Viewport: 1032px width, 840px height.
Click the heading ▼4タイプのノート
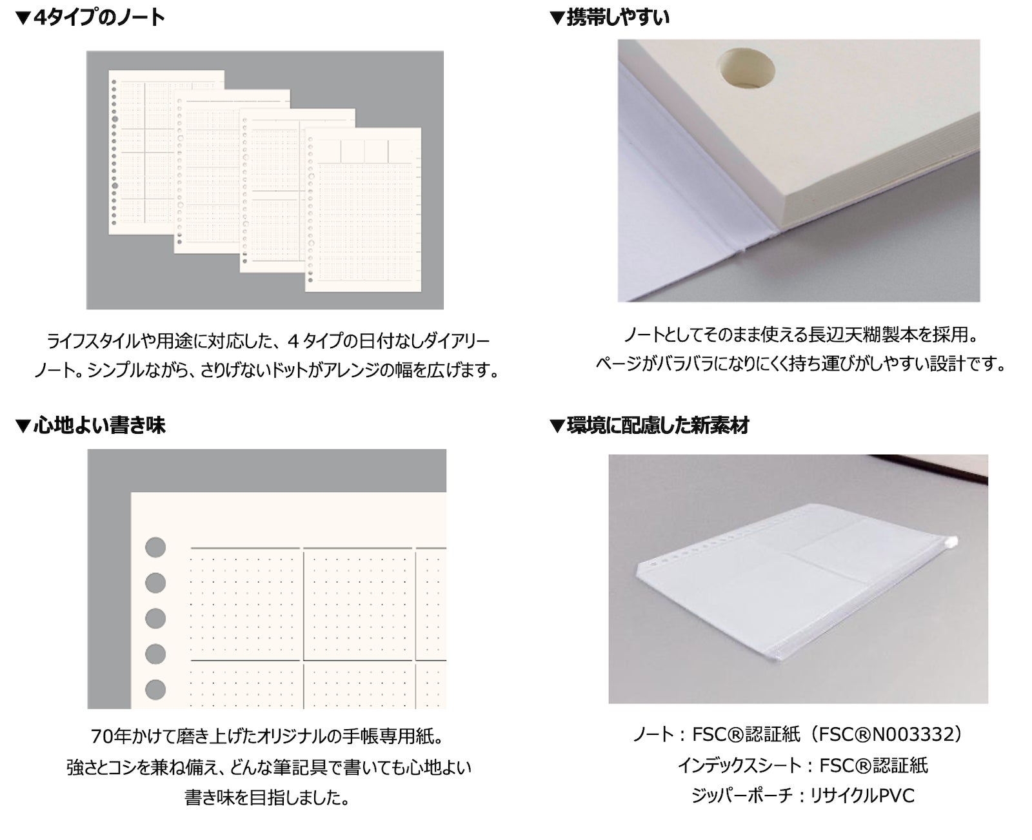pyautogui.click(x=90, y=18)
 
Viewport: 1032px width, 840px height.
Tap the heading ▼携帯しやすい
pyautogui.click(x=609, y=18)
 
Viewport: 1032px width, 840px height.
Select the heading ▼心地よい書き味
pyautogui.click(x=90, y=425)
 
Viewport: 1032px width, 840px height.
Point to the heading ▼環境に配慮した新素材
pyautogui.click(x=650, y=425)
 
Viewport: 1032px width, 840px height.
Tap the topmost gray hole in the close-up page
pyautogui.click(x=155, y=547)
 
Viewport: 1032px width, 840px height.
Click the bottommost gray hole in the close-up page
pyautogui.click(x=155, y=689)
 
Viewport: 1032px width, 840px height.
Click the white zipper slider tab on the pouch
pyautogui.click(x=950, y=542)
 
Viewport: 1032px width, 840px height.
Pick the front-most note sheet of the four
pyautogui.click(x=363, y=210)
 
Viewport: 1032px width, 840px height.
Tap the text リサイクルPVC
pyautogui.click(x=862, y=796)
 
